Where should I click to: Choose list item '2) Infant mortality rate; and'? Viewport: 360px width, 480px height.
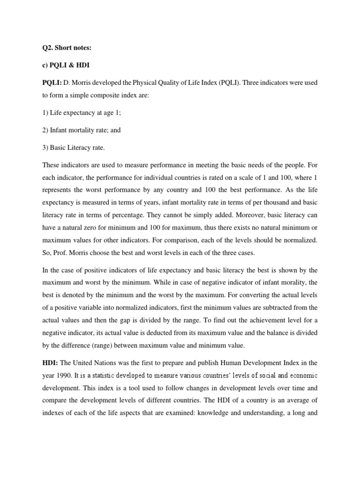point(81,130)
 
